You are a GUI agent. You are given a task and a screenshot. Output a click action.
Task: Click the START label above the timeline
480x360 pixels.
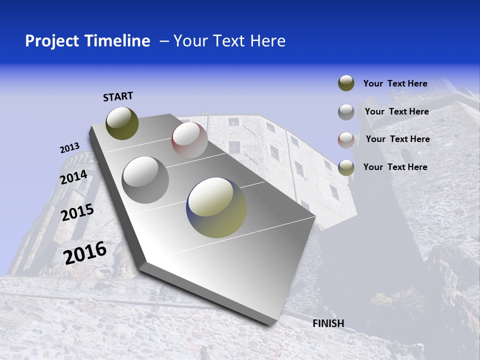click(x=118, y=96)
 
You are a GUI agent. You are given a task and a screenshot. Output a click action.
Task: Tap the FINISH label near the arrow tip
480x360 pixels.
click(x=328, y=323)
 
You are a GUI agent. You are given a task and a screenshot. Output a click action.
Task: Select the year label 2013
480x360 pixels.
click(x=69, y=148)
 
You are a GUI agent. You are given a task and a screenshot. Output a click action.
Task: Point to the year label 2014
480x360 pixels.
click(x=73, y=177)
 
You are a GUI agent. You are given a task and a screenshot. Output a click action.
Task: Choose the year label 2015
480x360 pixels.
click(x=77, y=212)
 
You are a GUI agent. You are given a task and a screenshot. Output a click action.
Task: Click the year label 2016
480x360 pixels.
click(x=85, y=253)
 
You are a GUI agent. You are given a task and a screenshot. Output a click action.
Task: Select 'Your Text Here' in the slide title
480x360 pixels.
click(x=229, y=41)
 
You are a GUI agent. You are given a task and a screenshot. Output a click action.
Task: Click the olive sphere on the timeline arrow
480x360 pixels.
click(x=122, y=123)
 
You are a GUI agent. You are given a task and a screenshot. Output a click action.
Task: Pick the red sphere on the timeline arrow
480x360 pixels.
click(x=189, y=140)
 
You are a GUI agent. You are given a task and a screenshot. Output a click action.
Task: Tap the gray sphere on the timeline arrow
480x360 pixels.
click(x=145, y=179)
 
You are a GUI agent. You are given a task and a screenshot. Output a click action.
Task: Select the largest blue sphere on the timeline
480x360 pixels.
click(x=216, y=207)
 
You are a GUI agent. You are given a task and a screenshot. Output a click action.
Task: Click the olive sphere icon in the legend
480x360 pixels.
click(x=346, y=83)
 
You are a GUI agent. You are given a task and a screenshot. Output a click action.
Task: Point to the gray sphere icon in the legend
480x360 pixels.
click(x=346, y=112)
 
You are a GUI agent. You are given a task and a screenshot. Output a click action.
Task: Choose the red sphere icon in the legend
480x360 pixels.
click(x=346, y=139)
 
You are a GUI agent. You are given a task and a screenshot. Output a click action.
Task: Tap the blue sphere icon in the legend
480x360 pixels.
click(x=346, y=167)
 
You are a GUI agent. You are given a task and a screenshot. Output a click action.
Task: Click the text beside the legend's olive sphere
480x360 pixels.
click(x=395, y=83)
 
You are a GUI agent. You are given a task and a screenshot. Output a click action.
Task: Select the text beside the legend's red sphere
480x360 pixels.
click(x=397, y=139)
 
